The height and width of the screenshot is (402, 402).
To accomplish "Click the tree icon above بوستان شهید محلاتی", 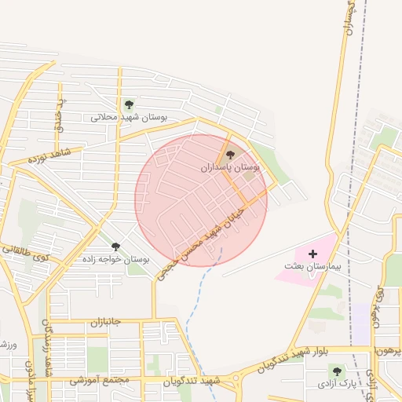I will click(129, 104).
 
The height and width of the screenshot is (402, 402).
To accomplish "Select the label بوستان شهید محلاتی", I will click(130, 117).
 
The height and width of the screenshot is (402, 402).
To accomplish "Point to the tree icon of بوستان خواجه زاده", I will click(115, 247).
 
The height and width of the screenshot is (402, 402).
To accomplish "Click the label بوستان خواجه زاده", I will click(115, 258).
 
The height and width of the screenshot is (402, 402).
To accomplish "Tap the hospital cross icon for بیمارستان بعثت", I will click(313, 254).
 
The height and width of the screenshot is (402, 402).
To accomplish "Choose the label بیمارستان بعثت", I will click(313, 267).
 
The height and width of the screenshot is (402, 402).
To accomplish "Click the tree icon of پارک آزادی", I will click(337, 371).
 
